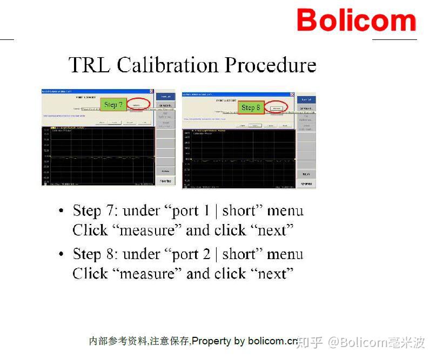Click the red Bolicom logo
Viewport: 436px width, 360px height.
[x=356, y=21]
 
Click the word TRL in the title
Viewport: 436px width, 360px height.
[x=90, y=65]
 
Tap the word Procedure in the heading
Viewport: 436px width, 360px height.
[x=270, y=65]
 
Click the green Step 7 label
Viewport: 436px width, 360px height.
[x=113, y=104]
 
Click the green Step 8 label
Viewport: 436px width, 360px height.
[x=251, y=107]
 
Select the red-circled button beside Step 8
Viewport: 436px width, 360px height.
[x=277, y=107]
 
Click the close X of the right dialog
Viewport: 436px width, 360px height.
[x=292, y=94]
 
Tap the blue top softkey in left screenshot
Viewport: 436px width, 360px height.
[x=166, y=96]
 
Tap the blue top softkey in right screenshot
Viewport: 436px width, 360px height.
[x=306, y=99]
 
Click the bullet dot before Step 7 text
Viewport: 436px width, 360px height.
[x=62, y=211]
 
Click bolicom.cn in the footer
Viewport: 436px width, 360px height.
[x=273, y=341]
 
